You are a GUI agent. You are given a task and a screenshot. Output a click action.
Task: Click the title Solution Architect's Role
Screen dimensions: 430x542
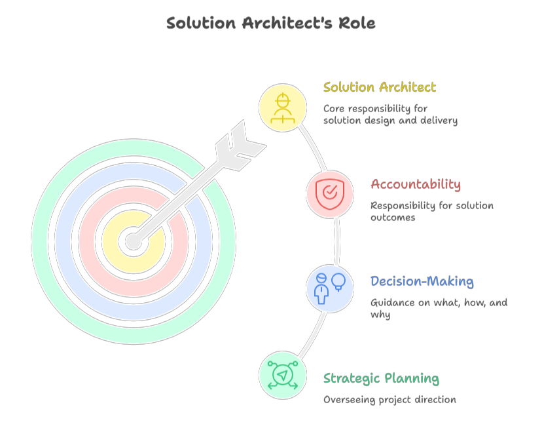(270, 24)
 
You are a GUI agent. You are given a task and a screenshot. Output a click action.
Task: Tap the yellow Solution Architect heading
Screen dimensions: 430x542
(379, 87)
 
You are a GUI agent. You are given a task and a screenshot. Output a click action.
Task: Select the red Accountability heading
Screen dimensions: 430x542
(415, 184)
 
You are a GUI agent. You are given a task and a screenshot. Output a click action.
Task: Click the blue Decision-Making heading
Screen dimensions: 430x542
(422, 281)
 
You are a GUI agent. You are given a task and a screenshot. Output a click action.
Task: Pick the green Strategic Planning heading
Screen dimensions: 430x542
(381, 378)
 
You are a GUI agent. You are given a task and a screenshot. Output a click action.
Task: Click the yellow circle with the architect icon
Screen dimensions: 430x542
(283, 107)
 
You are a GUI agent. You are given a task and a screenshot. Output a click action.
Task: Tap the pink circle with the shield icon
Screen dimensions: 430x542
(330, 194)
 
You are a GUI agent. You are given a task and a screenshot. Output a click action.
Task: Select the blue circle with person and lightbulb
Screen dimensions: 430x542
(330, 288)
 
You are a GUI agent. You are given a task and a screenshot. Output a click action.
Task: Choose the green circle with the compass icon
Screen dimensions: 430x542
(283, 376)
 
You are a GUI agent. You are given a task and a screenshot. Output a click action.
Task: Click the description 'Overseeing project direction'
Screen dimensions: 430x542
(389, 399)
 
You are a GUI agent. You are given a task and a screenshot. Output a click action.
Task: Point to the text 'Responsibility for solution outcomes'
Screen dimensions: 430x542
(431, 211)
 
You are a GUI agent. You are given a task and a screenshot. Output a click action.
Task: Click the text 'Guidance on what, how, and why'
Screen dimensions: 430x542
(439, 308)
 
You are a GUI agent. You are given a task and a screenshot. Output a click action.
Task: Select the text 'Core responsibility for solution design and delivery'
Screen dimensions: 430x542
(390, 115)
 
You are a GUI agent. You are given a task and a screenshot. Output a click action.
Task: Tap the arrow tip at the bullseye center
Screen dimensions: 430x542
(134, 241)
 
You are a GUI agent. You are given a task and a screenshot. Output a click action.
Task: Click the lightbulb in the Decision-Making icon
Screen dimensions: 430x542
(338, 281)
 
